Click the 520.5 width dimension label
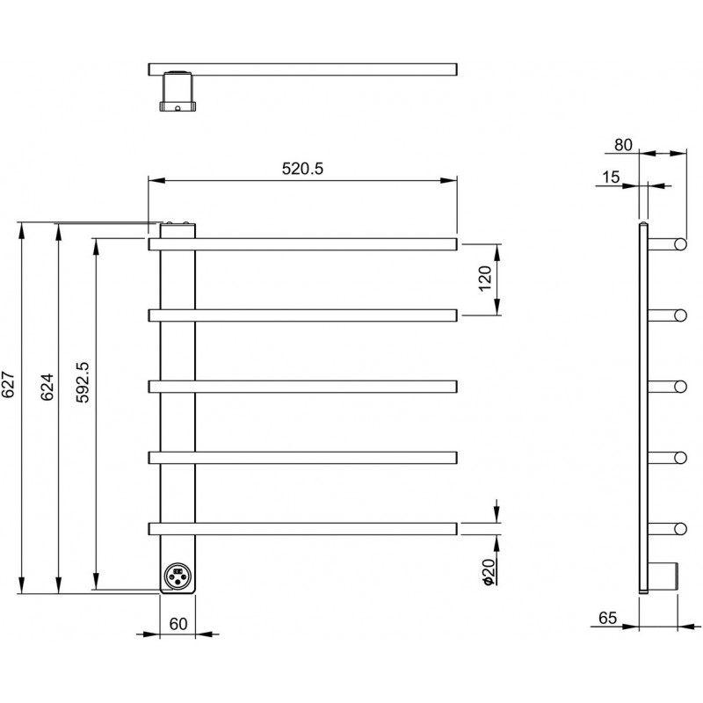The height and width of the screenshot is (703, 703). tap(302, 169)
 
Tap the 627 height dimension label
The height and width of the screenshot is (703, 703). tap(9, 385)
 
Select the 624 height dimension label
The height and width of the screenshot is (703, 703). tap(47, 387)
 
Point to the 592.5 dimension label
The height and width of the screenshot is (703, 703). tap(83, 382)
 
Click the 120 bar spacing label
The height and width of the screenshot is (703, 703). tap(485, 279)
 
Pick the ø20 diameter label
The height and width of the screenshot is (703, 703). tap(489, 572)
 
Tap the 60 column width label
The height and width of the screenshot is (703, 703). tap(178, 624)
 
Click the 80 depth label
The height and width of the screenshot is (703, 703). tap(623, 145)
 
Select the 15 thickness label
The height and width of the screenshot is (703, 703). tap(611, 178)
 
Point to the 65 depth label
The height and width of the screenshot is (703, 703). tap(607, 618)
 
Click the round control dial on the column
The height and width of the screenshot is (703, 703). tap(178, 576)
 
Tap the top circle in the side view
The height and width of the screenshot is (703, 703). tap(680, 244)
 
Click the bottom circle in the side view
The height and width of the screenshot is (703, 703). tap(680, 529)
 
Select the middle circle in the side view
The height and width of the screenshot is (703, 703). tap(680, 387)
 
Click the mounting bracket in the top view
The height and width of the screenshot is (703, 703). tap(178, 91)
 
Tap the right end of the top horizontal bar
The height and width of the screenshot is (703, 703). tap(456, 244)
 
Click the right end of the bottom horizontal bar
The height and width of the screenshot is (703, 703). tap(456, 529)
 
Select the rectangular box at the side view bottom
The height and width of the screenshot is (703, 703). tap(663, 576)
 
